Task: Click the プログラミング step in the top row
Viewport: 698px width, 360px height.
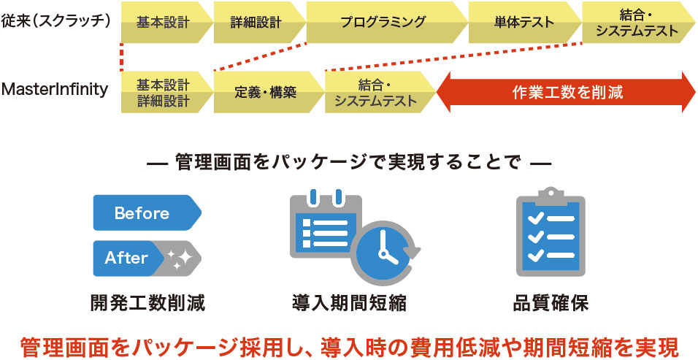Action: pos(383,22)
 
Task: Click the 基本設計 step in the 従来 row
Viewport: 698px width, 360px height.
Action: pos(163,22)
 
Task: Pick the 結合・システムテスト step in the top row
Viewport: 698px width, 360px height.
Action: pos(637,23)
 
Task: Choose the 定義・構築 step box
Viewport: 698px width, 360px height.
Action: pos(265,93)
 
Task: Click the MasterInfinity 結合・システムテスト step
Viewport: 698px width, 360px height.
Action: pos(375,93)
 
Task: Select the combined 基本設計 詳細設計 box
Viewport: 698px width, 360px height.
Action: pos(163,93)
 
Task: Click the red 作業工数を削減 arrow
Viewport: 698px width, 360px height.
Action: pos(567,93)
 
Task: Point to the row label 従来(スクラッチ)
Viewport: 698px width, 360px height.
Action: pos(56,20)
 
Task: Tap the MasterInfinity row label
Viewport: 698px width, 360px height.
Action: pos(55,90)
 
